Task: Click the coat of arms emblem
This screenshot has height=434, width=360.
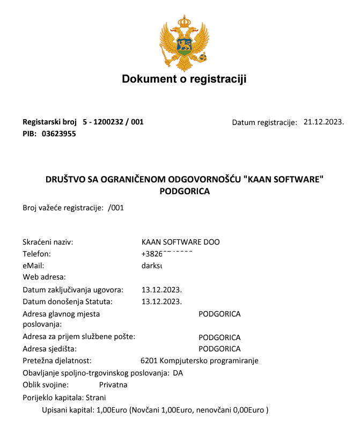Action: coord(184,43)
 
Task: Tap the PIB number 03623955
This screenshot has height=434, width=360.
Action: coord(58,134)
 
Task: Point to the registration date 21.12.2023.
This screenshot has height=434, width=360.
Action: coord(324,122)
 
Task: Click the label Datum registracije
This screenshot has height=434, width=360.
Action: coord(265,122)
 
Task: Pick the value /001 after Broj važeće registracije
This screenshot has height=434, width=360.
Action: coord(116,208)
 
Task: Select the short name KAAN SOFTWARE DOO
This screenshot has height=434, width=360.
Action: coord(180,242)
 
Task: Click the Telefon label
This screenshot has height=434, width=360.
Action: coord(36,254)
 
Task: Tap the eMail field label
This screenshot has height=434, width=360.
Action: coord(33,265)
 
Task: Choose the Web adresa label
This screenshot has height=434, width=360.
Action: coord(44,277)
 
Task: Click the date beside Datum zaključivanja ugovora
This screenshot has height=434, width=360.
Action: coord(161,290)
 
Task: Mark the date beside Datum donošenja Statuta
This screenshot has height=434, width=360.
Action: coord(161,301)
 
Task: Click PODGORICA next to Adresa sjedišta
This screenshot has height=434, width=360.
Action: coord(219,349)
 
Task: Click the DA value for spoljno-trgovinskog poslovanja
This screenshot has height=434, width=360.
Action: coord(178,373)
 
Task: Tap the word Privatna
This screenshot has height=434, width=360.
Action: coord(113,385)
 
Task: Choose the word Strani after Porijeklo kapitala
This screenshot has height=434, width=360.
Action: coord(96,398)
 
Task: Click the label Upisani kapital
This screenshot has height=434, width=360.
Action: coord(67,410)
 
